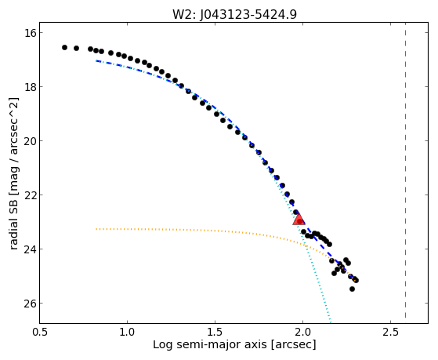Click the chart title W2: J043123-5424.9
[234, 14]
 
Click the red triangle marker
[299, 219]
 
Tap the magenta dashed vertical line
[405, 173]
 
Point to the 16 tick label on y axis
[31, 33]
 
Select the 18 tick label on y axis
[31, 87]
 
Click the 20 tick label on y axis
[31, 140]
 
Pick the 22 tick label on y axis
[31, 195]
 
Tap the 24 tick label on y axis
[31, 249]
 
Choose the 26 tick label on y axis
[31, 304]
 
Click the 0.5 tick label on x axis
[40, 332]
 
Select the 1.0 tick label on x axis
[128, 332]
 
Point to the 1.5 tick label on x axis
[215, 332]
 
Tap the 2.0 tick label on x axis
[302, 332]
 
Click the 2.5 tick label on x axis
[390, 332]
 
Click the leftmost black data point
[64, 48]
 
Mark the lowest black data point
[353, 289]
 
